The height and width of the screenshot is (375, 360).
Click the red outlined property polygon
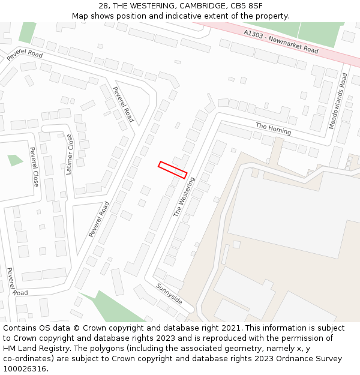[x=172, y=170]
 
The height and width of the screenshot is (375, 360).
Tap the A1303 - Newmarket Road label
[x=281, y=41]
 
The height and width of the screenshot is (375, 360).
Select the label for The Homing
[x=273, y=128]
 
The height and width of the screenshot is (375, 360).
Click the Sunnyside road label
[x=169, y=294]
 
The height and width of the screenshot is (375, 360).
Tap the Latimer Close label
[x=70, y=154]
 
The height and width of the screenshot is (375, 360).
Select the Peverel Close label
[x=34, y=166]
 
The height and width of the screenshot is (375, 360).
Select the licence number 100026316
[x=24, y=369]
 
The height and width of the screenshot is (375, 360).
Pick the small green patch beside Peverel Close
[x=15, y=160]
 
